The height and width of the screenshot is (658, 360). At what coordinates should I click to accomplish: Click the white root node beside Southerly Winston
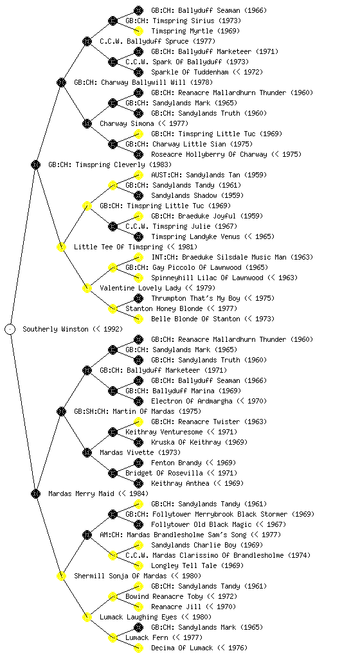[10, 329]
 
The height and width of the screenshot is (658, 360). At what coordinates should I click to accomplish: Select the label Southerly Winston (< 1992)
[73, 329]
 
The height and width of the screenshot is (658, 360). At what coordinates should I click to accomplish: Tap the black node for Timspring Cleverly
[35, 164]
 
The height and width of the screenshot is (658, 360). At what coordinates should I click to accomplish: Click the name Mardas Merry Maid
[81, 493]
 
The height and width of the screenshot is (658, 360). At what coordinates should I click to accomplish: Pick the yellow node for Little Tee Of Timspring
[61, 247]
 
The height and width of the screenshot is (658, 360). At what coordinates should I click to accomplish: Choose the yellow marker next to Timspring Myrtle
[138, 31]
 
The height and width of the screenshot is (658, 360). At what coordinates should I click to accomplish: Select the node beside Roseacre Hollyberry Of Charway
[138, 154]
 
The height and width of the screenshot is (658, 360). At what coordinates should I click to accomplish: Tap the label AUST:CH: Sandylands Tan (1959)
[209, 175]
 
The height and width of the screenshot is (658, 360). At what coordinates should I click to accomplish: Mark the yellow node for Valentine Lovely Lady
[87, 288]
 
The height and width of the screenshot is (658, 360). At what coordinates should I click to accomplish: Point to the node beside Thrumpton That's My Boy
[138, 298]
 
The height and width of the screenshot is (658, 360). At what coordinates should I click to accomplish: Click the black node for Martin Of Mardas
[61, 411]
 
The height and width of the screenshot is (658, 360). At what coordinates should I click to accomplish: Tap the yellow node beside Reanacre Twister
[138, 422]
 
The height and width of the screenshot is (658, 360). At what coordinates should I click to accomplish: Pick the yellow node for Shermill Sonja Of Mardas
[61, 576]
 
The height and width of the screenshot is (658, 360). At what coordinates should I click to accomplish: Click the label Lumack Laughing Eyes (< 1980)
[156, 617]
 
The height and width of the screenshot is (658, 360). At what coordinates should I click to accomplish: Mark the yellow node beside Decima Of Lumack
[138, 648]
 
